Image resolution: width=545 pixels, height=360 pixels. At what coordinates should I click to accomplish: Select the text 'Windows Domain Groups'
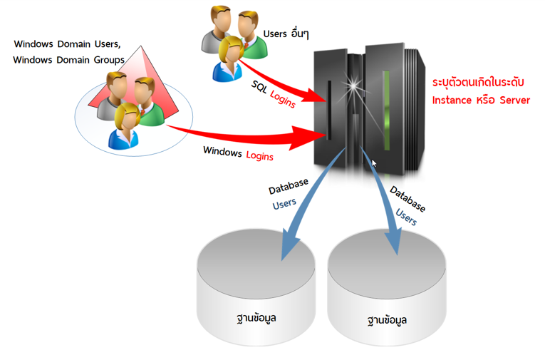pos(68,60)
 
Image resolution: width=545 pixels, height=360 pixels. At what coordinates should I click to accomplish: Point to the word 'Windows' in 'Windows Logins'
pos(222,150)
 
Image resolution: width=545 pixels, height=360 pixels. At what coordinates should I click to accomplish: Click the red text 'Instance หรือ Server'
pos(481,101)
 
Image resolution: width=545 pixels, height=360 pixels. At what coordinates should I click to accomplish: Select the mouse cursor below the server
pos(375,163)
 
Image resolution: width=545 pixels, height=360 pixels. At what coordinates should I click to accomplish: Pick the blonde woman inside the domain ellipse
pos(125,125)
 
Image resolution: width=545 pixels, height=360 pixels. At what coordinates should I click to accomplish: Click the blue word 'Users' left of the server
pos(284,204)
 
